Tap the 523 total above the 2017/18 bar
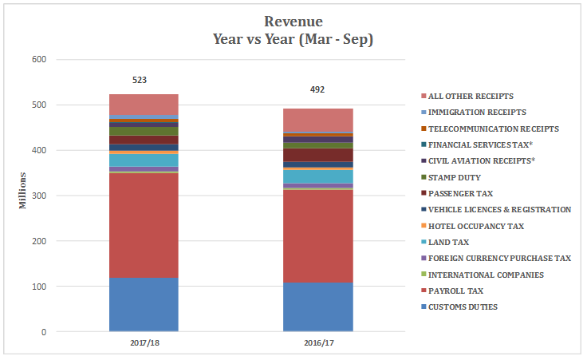pyautogui.click(x=140, y=81)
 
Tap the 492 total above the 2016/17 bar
pyautogui.click(x=317, y=90)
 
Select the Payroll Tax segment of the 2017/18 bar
pyautogui.click(x=144, y=225)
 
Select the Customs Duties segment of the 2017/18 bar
pyautogui.click(x=144, y=303)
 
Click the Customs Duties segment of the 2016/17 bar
pyautogui.click(x=318, y=307)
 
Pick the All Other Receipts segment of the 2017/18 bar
pyautogui.click(x=144, y=105)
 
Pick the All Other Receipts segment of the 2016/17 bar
pyautogui.click(x=318, y=120)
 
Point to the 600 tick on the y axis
pyautogui.click(x=38, y=59)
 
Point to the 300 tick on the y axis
pyautogui.click(x=38, y=196)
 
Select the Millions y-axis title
pyautogui.click(x=23, y=190)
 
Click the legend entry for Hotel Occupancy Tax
pyautogui.click(x=475, y=226)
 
